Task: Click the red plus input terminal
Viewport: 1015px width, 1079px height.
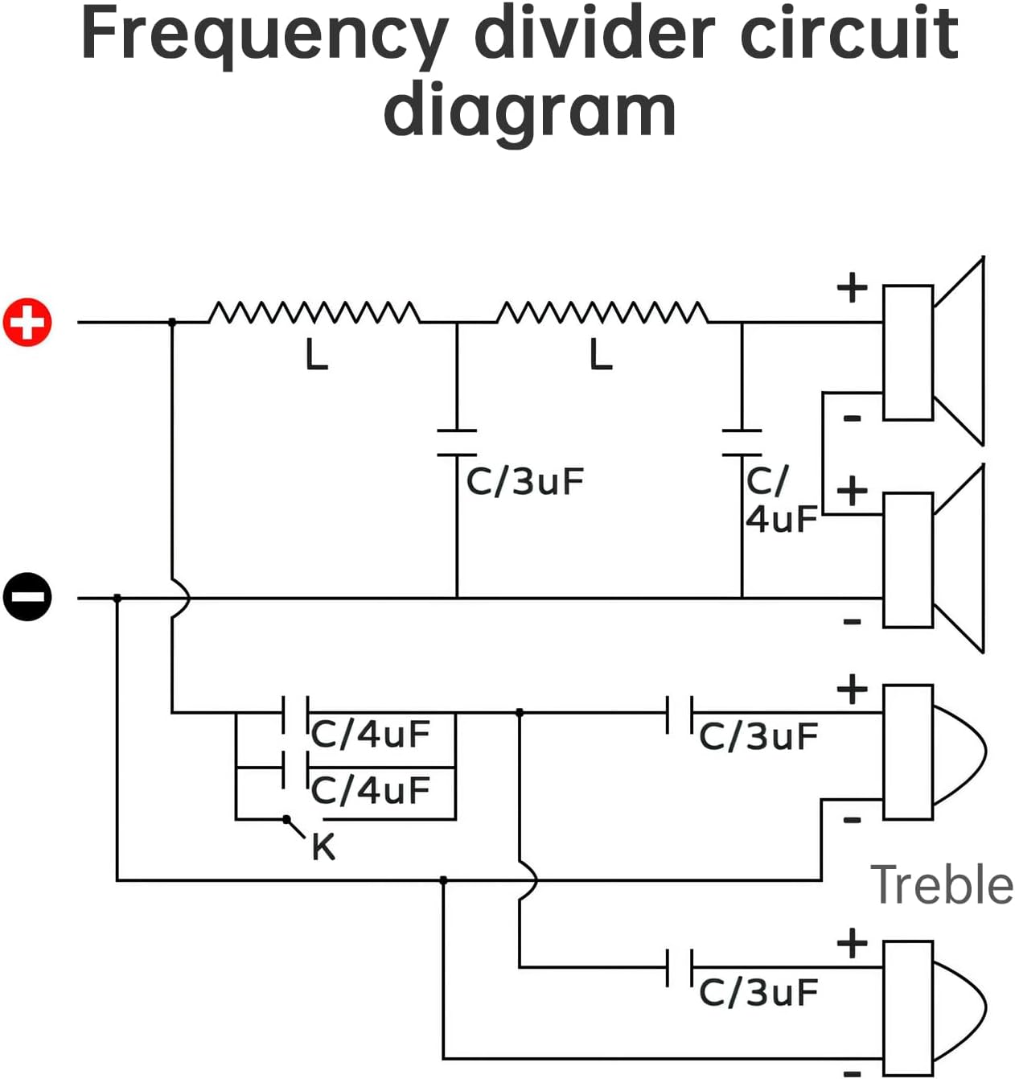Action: coord(27,323)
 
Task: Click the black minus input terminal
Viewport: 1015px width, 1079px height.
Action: coord(27,598)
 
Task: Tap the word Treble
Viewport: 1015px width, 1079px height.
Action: coord(942,885)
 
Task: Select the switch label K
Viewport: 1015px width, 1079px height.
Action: coord(323,847)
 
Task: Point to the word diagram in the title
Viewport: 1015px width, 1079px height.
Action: coord(529,110)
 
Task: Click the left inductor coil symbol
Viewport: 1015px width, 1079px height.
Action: coord(314,312)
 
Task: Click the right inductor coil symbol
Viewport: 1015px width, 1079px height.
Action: coord(602,312)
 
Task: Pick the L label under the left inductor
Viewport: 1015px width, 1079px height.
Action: coord(317,355)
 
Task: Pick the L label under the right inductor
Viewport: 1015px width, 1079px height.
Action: coord(601,355)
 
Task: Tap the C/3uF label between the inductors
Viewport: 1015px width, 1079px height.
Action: coord(524,481)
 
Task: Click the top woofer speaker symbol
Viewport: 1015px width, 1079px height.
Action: coord(933,352)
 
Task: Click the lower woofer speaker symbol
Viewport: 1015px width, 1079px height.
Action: coord(933,559)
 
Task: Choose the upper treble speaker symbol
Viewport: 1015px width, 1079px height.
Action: coord(933,752)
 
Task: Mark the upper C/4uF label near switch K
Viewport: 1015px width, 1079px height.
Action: coord(371,734)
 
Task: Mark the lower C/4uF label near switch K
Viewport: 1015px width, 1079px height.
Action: coord(371,790)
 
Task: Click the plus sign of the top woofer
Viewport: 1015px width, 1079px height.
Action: coord(853,287)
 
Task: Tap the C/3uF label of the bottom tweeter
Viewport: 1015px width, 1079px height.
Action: coord(758,992)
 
